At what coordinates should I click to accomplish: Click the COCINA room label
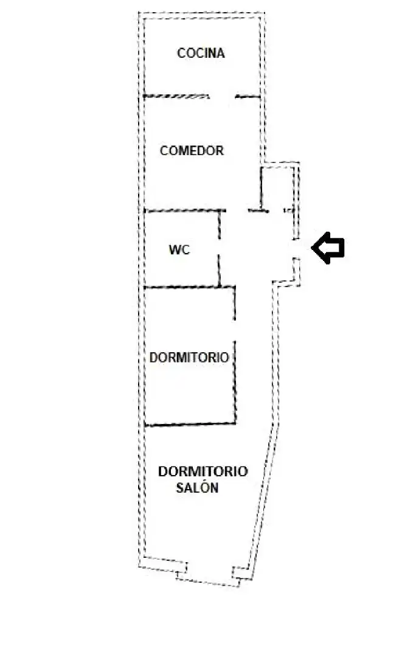pyautogui.click(x=201, y=53)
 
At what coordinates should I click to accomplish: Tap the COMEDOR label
pyautogui.click(x=192, y=150)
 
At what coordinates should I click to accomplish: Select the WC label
pyautogui.click(x=179, y=250)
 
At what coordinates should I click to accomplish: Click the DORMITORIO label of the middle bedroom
pyautogui.click(x=189, y=358)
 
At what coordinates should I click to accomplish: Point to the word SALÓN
pyautogui.click(x=197, y=488)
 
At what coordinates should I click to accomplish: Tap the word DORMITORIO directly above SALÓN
pyautogui.click(x=203, y=471)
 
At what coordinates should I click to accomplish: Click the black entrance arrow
pyautogui.click(x=328, y=248)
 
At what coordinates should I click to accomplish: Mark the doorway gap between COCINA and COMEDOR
pyautogui.click(x=222, y=97)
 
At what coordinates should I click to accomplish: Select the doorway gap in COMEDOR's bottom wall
pyautogui.click(x=237, y=210)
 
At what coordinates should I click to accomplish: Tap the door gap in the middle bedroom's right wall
pyautogui.click(x=235, y=330)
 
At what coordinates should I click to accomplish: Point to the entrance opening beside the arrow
pyautogui.click(x=296, y=249)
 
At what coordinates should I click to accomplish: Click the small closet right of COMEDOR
pyautogui.click(x=277, y=188)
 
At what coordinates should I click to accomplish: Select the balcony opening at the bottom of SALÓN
pyautogui.click(x=209, y=575)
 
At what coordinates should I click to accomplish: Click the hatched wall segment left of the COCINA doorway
pyautogui.click(x=176, y=96)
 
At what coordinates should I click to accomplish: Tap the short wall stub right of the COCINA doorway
pyautogui.click(x=248, y=97)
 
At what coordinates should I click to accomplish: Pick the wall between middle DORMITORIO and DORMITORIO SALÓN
pyautogui.click(x=190, y=424)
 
